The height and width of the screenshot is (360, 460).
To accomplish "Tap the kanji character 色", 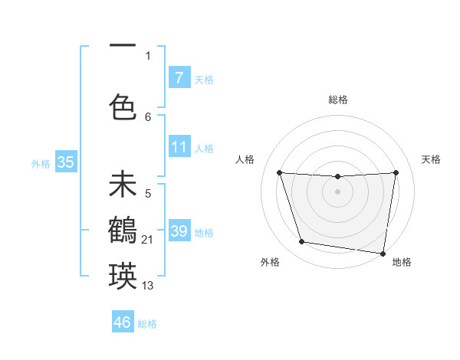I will (x=123, y=106).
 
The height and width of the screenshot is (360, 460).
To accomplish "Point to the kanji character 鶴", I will (x=123, y=229).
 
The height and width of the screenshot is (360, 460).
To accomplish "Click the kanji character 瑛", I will (x=123, y=275).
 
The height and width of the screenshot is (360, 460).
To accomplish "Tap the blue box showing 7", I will (x=179, y=78).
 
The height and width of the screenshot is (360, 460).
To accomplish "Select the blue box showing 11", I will (x=179, y=147).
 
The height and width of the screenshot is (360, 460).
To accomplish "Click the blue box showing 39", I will (x=179, y=231).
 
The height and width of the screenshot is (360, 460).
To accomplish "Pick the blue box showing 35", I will (x=65, y=162).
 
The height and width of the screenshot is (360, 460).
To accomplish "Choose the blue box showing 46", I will (x=123, y=322).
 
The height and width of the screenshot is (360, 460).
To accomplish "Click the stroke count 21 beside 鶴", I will (x=148, y=241).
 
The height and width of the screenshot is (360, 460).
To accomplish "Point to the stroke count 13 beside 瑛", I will (x=148, y=286).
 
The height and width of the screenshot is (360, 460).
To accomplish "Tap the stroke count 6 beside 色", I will (x=148, y=116).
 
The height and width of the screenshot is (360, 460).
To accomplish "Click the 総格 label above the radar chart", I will (x=338, y=100).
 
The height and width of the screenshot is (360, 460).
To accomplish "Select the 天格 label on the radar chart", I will (x=431, y=159).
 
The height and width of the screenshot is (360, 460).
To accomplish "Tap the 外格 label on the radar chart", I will (x=270, y=262).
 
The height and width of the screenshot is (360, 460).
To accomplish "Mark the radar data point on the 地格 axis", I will (x=383, y=253).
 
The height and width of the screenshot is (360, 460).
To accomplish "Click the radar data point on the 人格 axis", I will (x=279, y=172).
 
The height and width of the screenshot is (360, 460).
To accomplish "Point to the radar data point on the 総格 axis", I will (x=337, y=176).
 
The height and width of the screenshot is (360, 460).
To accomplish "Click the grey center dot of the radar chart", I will (x=337, y=191).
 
